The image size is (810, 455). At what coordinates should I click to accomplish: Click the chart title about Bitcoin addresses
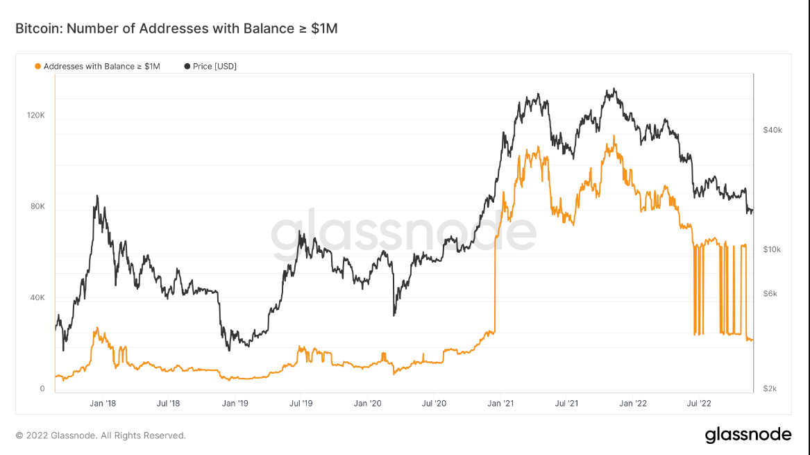(176, 28)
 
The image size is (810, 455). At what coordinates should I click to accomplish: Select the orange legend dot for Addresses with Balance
(37, 67)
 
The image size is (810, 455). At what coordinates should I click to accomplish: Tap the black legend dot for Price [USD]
(187, 67)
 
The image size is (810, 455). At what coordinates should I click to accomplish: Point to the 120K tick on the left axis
(35, 115)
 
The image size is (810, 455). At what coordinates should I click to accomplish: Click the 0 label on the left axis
(42, 388)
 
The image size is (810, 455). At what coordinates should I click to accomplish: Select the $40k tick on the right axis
(773, 130)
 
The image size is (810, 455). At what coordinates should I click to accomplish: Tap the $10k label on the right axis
(773, 249)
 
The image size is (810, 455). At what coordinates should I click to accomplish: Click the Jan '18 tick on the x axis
(102, 403)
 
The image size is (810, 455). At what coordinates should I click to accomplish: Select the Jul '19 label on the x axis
(301, 403)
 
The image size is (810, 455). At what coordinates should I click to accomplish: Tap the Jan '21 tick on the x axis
(500, 403)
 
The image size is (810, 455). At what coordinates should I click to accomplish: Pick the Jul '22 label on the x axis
(698, 403)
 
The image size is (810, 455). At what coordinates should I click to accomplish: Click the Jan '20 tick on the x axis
(366, 403)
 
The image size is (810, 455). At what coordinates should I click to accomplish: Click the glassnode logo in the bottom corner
(748, 435)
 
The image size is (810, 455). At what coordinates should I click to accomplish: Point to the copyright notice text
(101, 436)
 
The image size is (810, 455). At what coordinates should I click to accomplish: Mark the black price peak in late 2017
(97, 197)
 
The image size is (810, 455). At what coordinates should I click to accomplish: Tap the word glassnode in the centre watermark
(403, 232)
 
